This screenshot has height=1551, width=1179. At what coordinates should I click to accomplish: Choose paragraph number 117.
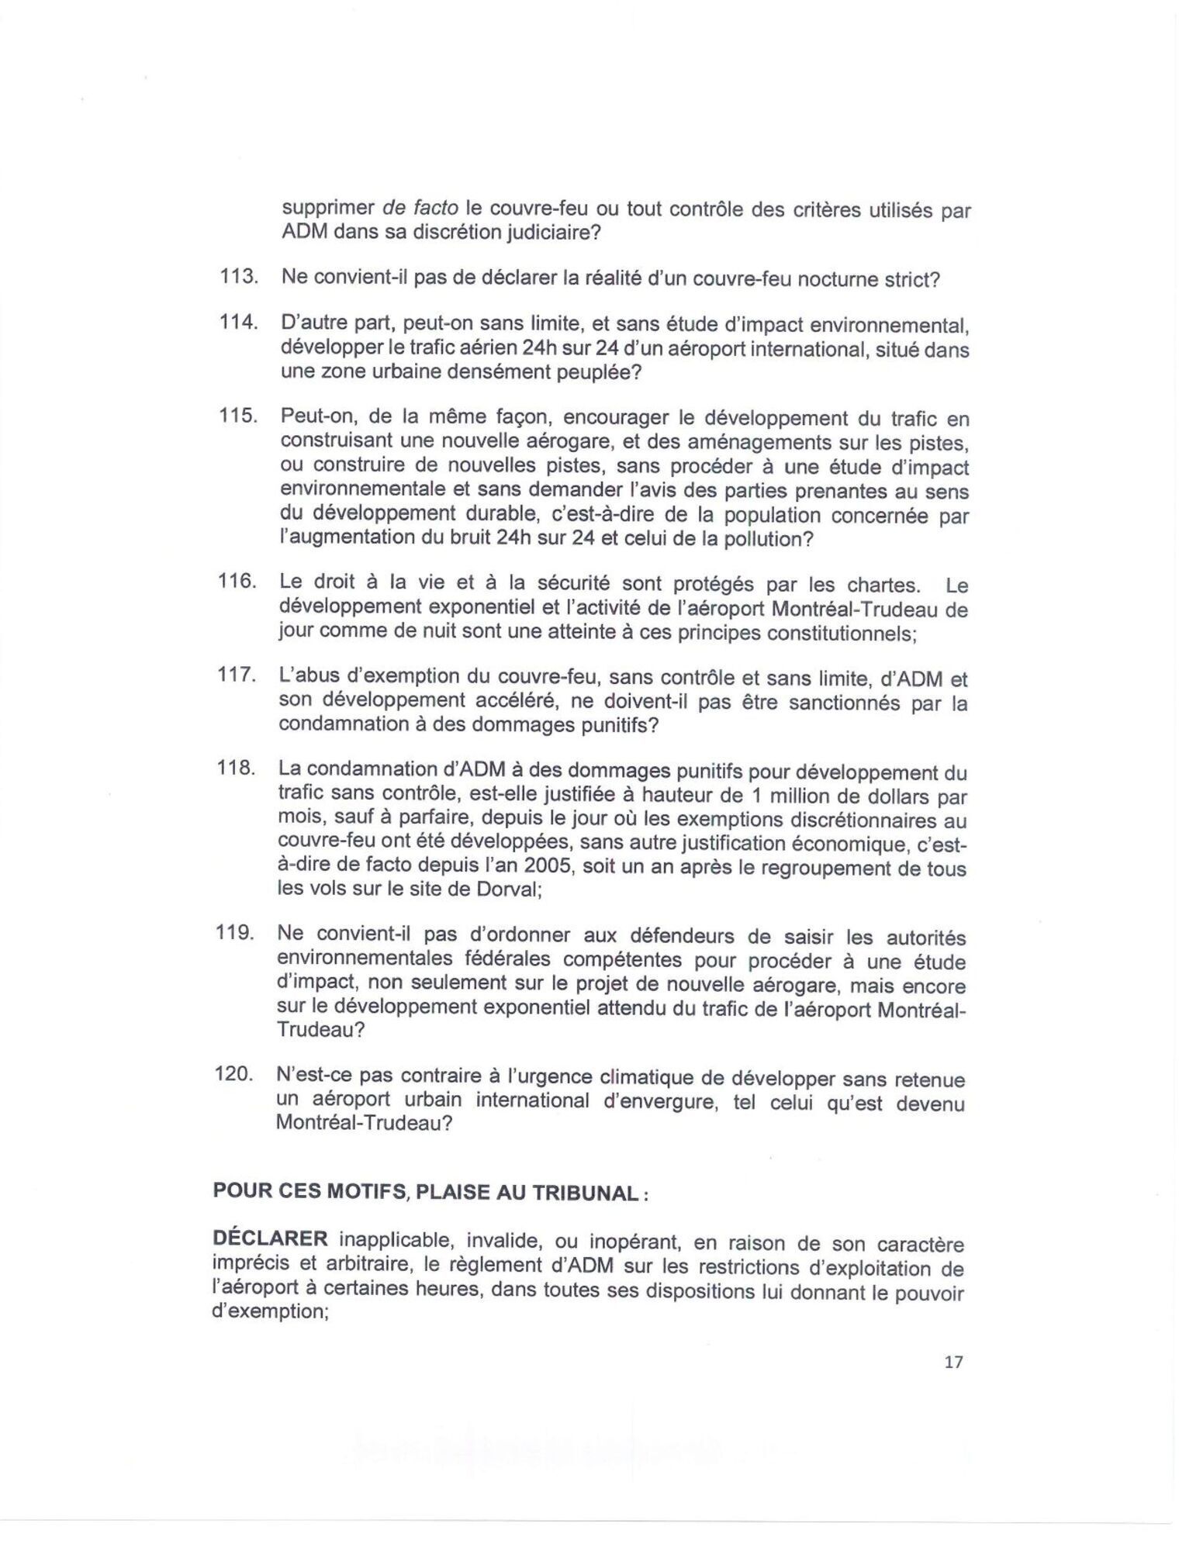pyautogui.click(x=236, y=675)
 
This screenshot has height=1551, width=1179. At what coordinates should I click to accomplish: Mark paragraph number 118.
pyautogui.click(x=236, y=769)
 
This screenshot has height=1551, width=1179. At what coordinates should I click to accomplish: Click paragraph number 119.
pyautogui.click(x=235, y=934)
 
